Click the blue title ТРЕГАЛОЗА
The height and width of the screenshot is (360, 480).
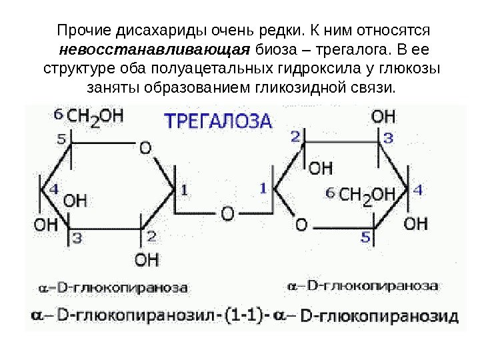218,121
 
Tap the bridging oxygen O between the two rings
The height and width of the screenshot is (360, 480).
228,214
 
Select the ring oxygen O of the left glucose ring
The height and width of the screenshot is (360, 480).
145,148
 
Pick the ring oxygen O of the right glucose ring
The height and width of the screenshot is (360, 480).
301,225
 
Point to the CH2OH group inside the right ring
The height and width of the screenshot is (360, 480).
366,194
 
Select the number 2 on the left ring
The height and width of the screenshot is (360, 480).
151,235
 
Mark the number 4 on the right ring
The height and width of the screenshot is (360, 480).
418,191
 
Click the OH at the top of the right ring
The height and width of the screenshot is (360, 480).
383,117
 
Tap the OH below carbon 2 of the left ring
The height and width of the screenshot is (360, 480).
147,258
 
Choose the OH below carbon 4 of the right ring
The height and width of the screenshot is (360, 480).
416,222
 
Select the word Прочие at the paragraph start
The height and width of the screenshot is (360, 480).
85,31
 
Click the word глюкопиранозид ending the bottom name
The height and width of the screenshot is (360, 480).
380,315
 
